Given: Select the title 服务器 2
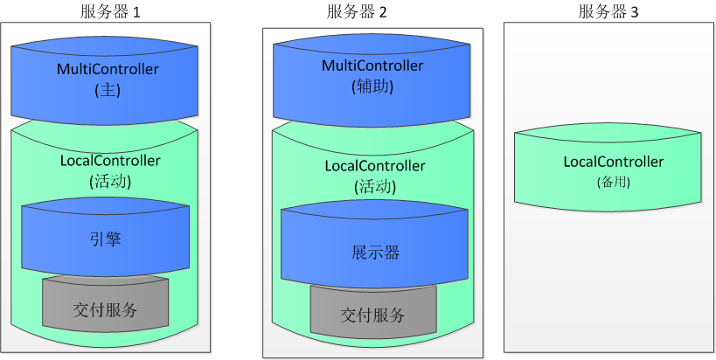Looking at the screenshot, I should (356, 11).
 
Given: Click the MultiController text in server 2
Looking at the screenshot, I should (372, 66).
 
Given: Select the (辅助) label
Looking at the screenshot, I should (373, 87).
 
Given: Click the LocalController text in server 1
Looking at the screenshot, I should (110, 161).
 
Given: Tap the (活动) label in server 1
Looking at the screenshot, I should (110, 182).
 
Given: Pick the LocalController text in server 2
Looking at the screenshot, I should (375, 166).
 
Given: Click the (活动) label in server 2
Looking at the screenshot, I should (375, 187).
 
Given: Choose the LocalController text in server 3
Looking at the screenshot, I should (613, 162).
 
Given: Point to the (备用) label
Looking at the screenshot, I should (613, 182).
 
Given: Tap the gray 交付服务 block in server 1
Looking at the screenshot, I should (105, 310).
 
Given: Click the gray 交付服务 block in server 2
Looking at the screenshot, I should (372, 315).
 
